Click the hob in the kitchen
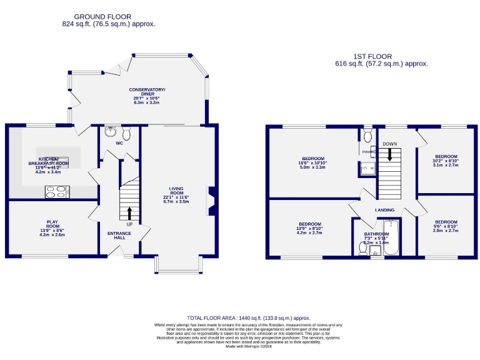click(x=57, y=192)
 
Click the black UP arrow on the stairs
click(x=130, y=213)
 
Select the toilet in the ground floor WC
click(x=127, y=134)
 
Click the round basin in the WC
click(x=111, y=132)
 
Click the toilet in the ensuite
click(x=367, y=136)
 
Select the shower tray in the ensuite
click(x=367, y=167)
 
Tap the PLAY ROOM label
click(x=52, y=224)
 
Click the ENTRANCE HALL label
click(x=119, y=236)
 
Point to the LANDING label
click(x=384, y=210)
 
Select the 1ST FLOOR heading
click(x=381, y=56)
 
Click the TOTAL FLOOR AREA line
click(x=248, y=318)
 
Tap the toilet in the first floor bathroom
click(x=363, y=247)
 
